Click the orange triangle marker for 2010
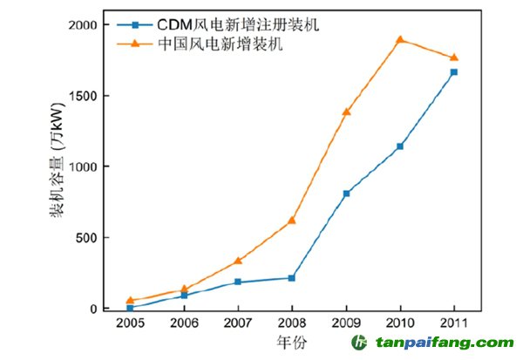pos(400,39)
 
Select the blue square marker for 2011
pos(454,71)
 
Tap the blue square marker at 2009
pos(347,193)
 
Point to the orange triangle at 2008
pos(292,220)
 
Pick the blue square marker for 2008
pos(292,278)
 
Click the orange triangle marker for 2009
pos(347,112)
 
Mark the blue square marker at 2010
pos(400,146)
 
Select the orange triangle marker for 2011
pos(454,58)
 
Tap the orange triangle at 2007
pos(238,261)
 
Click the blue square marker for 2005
pos(130,307)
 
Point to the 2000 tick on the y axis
pos(93,24)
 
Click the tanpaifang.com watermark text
pos(445,343)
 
